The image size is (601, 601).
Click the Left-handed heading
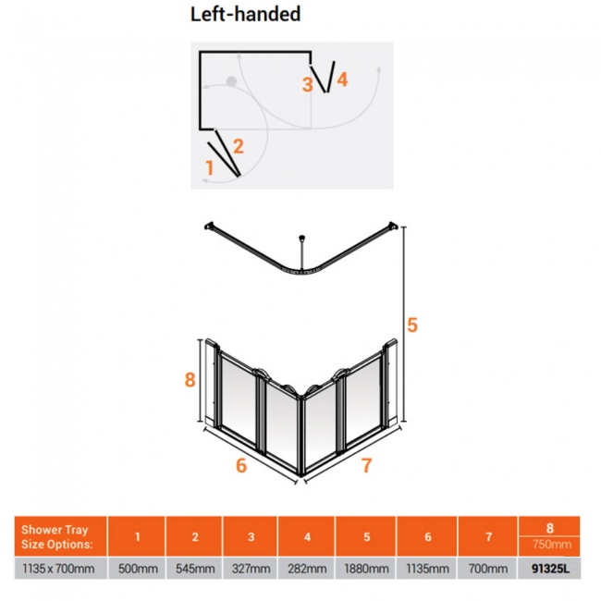coord(245,14)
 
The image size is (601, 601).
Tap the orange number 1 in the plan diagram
coord(209,168)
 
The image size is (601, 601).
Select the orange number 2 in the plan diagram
coord(238,146)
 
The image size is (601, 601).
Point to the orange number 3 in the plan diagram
coord(307,85)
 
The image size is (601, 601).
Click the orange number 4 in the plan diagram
coord(342,80)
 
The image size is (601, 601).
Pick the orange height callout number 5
coord(412,325)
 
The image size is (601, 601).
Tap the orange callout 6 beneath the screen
coord(241,465)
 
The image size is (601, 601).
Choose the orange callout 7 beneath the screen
coord(367,465)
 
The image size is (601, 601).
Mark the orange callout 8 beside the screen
coord(190,380)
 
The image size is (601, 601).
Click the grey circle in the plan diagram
coord(231,81)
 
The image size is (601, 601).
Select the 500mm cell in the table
coord(138,569)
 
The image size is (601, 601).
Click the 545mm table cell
coord(195,569)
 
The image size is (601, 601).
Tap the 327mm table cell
coord(251,569)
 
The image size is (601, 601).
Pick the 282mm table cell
coord(307,569)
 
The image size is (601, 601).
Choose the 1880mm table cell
coord(366,569)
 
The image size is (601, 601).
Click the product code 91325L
coord(550,569)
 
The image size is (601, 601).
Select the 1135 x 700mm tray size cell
coord(58,569)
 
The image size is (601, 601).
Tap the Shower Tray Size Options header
coord(56,536)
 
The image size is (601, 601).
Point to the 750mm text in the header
coord(552,544)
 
